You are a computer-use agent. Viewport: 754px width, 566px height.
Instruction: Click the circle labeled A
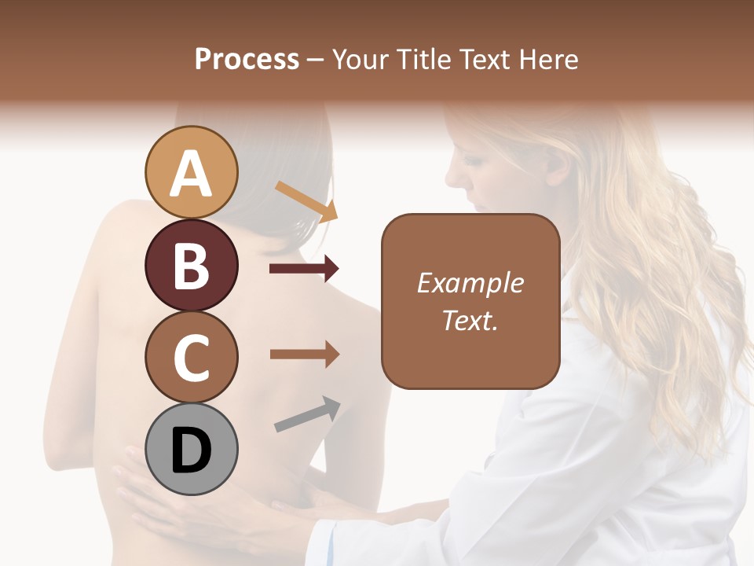192,172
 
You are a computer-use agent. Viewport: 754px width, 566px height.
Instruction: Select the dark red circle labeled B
192,265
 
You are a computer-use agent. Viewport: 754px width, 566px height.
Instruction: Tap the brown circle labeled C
192,357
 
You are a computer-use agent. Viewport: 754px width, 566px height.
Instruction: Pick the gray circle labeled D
192,449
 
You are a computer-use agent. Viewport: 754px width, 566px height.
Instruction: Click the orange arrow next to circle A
306,200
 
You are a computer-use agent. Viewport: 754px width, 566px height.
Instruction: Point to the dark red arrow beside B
304,269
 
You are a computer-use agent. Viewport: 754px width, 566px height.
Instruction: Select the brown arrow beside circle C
304,354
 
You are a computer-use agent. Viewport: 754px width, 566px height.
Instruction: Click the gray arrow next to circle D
307,414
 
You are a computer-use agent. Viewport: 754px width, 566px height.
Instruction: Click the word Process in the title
247,59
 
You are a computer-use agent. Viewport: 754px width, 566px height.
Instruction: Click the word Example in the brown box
470,283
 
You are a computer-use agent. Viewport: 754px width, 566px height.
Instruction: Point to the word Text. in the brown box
470,320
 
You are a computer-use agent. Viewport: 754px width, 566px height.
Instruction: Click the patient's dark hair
259,189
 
